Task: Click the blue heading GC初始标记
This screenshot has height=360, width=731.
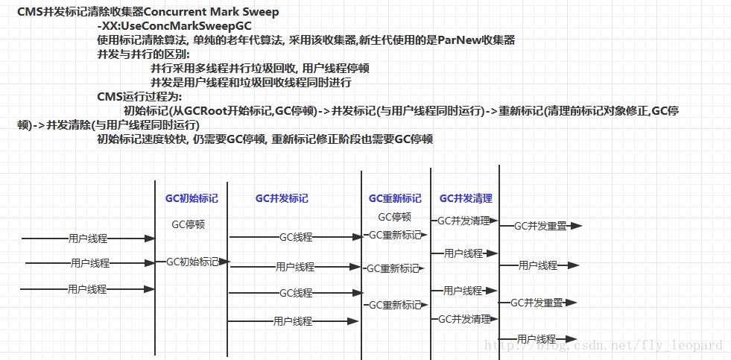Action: (x=192, y=199)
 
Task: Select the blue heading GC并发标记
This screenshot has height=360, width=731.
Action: (x=282, y=199)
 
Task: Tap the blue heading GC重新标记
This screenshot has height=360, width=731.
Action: (x=395, y=199)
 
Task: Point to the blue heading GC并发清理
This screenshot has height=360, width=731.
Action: (x=466, y=199)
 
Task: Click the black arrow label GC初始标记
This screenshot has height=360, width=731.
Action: (x=192, y=262)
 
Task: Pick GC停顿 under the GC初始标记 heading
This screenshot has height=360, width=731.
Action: (x=188, y=224)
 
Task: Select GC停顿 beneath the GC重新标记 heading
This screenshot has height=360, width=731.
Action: (x=394, y=218)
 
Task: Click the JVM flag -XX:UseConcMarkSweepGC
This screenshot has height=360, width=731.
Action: (x=158, y=26)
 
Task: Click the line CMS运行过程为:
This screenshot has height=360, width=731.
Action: (x=139, y=97)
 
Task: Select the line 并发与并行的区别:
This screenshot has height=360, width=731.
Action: (x=144, y=54)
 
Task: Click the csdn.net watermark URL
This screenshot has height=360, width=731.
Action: (x=604, y=345)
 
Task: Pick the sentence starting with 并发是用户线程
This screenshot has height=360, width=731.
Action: (x=251, y=83)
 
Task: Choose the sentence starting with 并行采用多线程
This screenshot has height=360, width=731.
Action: (x=260, y=69)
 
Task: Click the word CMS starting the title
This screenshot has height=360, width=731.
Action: (x=31, y=12)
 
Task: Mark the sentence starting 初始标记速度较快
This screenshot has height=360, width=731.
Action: (x=265, y=139)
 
